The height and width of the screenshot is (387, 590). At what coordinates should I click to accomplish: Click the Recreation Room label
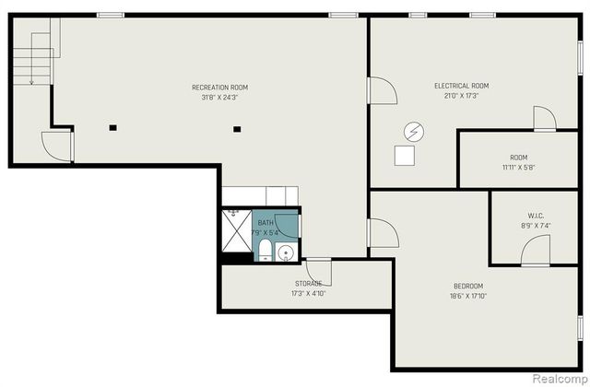point(219,88)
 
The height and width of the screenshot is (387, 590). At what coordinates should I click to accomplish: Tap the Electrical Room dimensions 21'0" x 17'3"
point(461,96)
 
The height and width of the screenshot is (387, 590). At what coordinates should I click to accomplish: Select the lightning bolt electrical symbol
point(414,132)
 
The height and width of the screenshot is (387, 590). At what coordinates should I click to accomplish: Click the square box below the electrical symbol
point(405,156)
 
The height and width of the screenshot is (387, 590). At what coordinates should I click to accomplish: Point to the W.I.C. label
point(535,217)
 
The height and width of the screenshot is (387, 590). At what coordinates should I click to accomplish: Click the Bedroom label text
point(468,287)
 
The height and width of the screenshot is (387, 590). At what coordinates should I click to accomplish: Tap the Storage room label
point(308,284)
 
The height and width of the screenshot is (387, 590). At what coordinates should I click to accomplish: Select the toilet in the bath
point(265,250)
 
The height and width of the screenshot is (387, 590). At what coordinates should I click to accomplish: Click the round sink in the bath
point(286,252)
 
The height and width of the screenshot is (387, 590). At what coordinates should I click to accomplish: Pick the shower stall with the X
point(237,230)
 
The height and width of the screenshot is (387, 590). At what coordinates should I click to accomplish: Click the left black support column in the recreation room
point(112,128)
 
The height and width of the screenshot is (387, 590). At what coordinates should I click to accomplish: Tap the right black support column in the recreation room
point(237,129)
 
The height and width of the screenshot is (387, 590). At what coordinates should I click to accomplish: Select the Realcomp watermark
point(560,378)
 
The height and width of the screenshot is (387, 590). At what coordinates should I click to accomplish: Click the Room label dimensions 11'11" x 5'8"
point(518,168)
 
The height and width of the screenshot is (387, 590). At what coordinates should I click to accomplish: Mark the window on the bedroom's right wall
point(580,328)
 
